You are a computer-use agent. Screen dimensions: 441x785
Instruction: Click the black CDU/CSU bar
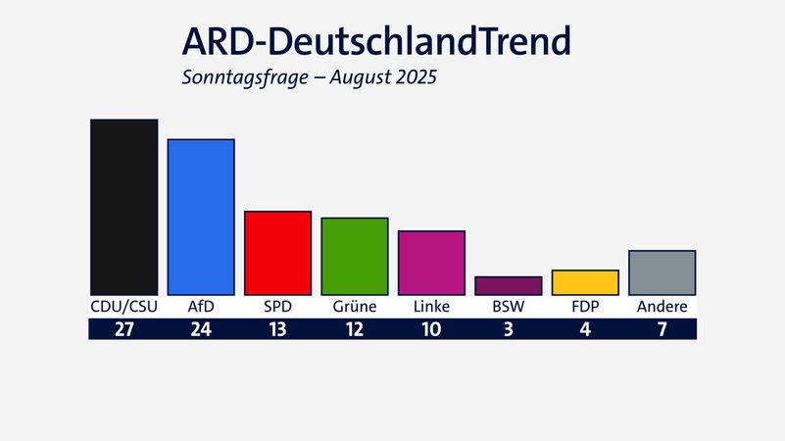pyautogui.click(x=123, y=207)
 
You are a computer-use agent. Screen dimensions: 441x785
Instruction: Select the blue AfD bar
pyautogui.click(x=201, y=217)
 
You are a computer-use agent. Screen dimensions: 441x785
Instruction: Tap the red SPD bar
pyautogui.click(x=277, y=253)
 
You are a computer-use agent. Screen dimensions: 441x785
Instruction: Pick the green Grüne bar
pyautogui.click(x=355, y=256)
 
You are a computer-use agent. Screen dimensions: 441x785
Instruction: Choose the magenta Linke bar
pyautogui.click(x=431, y=263)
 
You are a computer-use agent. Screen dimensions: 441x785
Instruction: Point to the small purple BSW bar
pyautogui.click(x=508, y=285)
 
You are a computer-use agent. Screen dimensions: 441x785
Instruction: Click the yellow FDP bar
pyautogui.click(x=585, y=282)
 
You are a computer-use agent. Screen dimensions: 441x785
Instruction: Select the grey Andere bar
pyautogui.click(x=662, y=272)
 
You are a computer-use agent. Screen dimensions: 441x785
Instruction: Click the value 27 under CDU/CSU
pyautogui.click(x=123, y=329)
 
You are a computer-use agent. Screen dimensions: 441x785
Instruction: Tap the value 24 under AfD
pyautogui.click(x=201, y=329)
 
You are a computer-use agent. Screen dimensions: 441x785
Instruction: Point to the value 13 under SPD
pyautogui.click(x=277, y=329)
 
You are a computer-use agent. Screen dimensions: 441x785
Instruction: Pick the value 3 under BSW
pyautogui.click(x=508, y=329)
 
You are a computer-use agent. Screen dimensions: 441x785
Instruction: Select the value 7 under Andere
pyautogui.click(x=662, y=329)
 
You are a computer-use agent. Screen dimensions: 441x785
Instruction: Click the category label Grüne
pyautogui.click(x=355, y=307)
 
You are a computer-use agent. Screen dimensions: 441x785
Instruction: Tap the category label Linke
pyautogui.click(x=431, y=307)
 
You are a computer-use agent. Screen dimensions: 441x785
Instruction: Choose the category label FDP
pyautogui.click(x=585, y=307)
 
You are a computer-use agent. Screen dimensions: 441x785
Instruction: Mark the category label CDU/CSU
pyautogui.click(x=123, y=307)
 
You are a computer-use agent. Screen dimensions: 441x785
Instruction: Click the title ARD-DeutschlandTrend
pyautogui.click(x=375, y=42)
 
